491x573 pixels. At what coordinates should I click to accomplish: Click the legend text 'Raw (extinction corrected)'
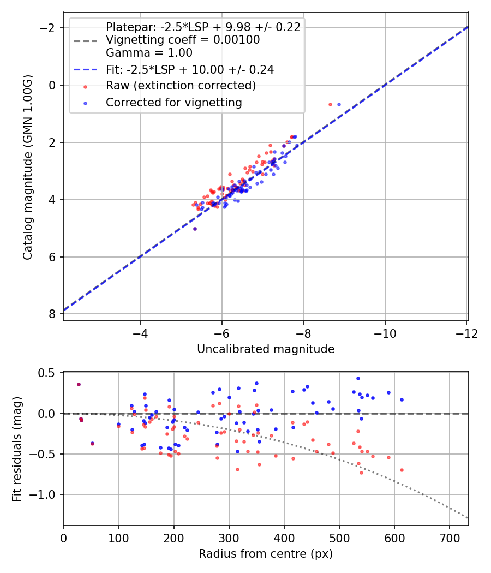[x=181, y=86]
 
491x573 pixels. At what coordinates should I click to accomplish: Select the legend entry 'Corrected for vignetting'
[x=173, y=102]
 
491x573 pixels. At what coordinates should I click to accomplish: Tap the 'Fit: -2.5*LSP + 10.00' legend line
[x=190, y=69]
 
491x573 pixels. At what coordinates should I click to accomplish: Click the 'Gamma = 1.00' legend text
[x=149, y=53]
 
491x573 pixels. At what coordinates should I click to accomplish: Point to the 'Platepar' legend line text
[x=203, y=27]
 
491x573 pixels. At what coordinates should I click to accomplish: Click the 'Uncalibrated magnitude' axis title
[x=266, y=349]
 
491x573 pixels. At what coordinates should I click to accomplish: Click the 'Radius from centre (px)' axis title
[x=266, y=554]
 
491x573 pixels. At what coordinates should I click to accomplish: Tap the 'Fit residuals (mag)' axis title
[x=17, y=449]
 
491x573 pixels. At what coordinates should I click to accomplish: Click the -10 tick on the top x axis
[x=385, y=333]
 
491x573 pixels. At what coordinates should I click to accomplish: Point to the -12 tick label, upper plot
[x=465, y=333]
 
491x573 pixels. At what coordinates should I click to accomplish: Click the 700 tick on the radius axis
[x=449, y=538]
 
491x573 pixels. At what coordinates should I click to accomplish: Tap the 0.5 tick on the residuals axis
[x=48, y=373]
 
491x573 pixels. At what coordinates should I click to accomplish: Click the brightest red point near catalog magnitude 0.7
[x=330, y=104]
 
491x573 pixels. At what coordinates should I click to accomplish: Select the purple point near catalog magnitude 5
[x=195, y=229]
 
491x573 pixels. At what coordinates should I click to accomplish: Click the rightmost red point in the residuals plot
[x=402, y=470]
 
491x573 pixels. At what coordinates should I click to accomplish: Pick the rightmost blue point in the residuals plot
[x=402, y=399]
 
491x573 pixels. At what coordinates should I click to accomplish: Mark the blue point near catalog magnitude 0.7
[x=339, y=104]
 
